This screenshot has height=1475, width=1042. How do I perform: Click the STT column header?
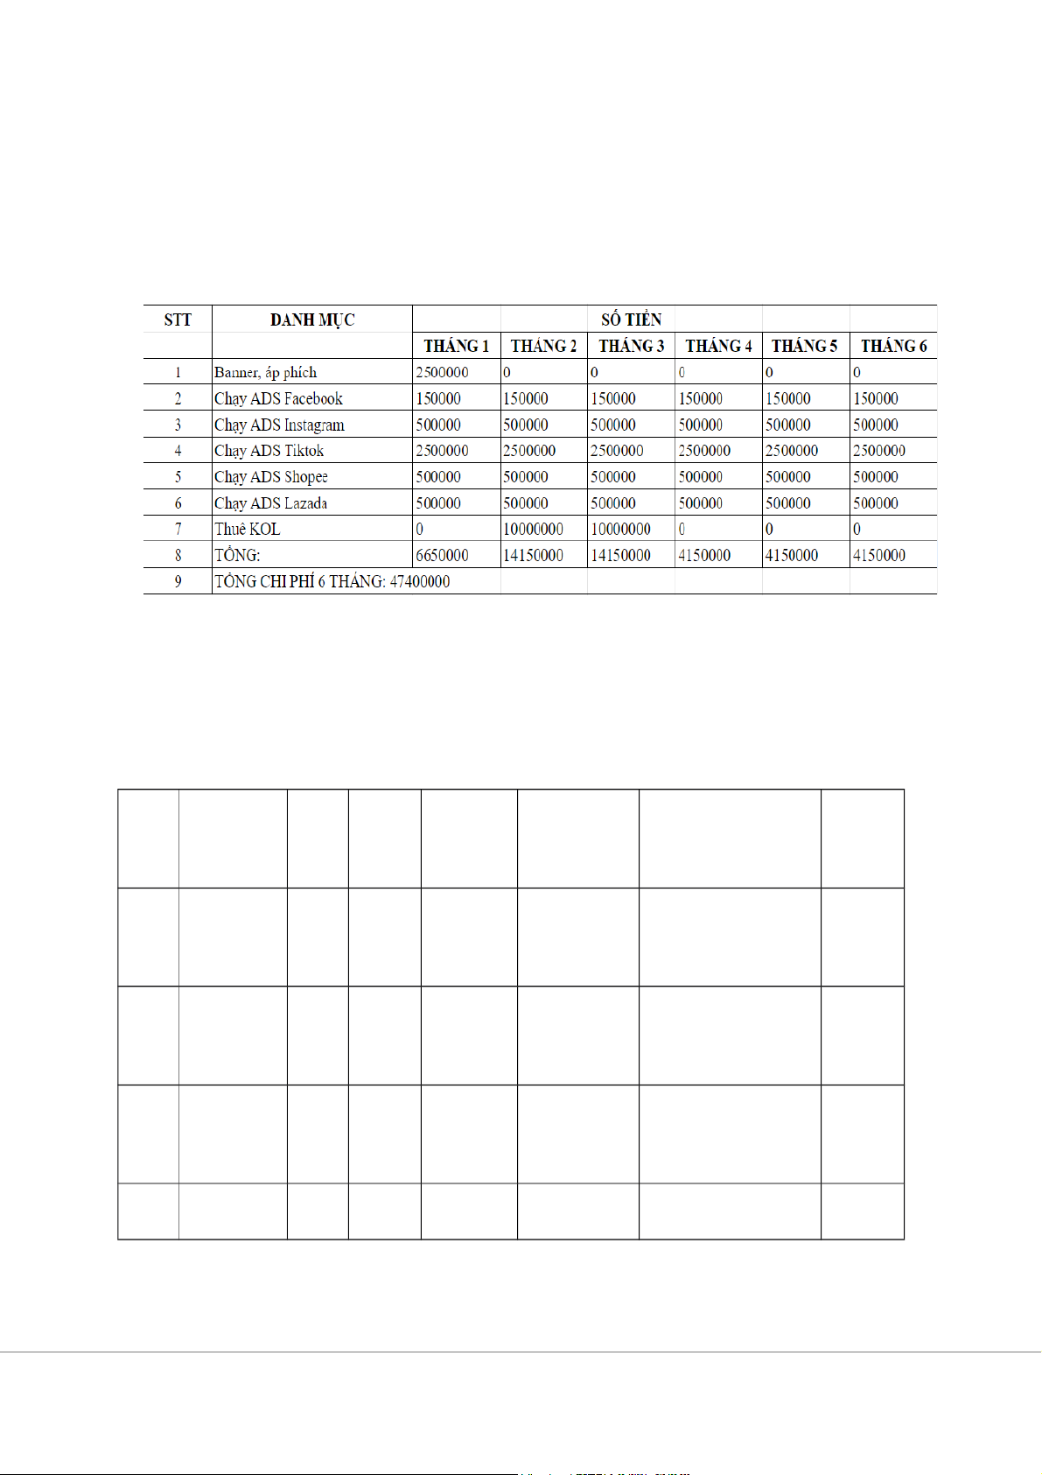pos(178,320)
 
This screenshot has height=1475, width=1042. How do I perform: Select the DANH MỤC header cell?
pos(312,320)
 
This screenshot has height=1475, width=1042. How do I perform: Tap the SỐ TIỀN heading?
pos(631,320)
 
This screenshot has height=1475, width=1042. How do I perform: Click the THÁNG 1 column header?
pos(456,346)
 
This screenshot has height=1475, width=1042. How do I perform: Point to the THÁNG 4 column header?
pos(718,346)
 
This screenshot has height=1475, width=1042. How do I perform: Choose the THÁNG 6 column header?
pos(893,346)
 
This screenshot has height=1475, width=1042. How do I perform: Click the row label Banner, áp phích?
pos(266,372)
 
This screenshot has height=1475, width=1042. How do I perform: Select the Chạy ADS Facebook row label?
pos(278,398)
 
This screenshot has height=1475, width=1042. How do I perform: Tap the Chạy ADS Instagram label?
pos(279,425)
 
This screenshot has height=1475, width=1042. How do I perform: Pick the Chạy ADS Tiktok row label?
pos(269,451)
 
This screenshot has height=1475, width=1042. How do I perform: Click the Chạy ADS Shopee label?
pos(271,477)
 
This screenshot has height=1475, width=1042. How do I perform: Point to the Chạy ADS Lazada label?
pos(271,503)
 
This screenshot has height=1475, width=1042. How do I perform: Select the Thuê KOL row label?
pos(248,529)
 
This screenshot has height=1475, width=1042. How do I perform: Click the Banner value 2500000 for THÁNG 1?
pos(442,372)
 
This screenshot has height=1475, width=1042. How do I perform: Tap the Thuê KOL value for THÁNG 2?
pos(533,529)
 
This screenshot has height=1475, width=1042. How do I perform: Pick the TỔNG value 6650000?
pos(442,555)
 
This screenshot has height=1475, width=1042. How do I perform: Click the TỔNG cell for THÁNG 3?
pos(620,555)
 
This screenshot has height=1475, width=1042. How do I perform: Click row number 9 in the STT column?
pos(178,581)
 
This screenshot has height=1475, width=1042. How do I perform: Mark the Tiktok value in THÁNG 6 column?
pos(879,451)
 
